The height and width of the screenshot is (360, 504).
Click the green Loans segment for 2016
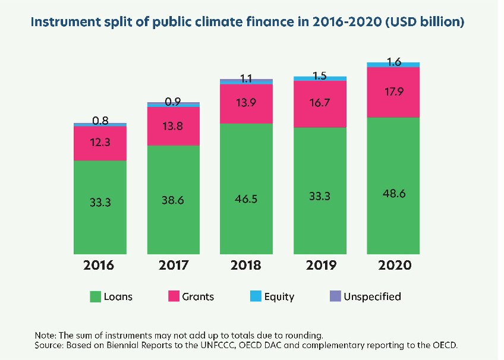[100, 208]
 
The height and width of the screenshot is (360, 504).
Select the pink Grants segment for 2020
[393, 92]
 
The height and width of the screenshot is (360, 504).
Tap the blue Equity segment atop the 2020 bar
[393, 64]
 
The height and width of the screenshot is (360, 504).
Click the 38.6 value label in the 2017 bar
[173, 201]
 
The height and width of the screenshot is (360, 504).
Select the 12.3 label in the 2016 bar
[100, 144]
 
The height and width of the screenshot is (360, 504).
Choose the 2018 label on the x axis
[247, 265]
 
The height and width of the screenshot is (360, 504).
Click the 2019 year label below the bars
[320, 265]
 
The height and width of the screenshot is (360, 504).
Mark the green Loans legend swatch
[94, 296]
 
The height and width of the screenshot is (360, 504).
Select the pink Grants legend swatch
[174, 296]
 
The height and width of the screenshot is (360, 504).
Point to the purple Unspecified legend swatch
[334, 296]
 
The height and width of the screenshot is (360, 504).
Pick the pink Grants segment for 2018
[247, 104]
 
